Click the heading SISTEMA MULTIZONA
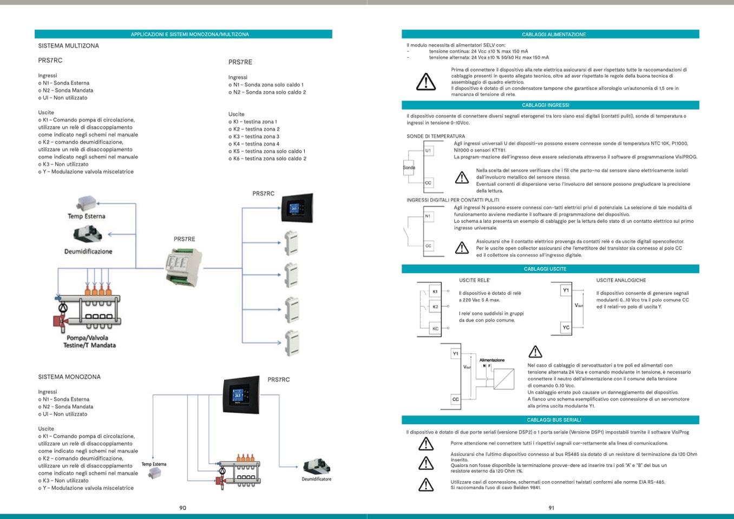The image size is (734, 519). pos(68,46)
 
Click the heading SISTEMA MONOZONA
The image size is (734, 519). pos(69,377)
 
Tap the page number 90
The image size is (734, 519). pos(182,508)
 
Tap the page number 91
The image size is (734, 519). pos(551,508)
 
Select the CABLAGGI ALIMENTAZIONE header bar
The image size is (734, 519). pos(550,34)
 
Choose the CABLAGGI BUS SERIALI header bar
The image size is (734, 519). pos(550,420)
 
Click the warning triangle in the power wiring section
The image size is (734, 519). pos(426,82)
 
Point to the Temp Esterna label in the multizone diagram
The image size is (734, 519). pos(87,216)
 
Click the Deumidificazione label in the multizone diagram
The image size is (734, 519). pos(88,252)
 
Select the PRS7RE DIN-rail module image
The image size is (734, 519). pos(183,266)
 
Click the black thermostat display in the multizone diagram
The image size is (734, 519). pos(296,208)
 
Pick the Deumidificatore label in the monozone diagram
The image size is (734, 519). pos(316,479)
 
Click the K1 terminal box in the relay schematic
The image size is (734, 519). pos(435,292)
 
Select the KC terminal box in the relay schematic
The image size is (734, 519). pos(435,329)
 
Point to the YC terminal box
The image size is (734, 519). pos(566,327)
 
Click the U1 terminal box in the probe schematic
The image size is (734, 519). pos(428,150)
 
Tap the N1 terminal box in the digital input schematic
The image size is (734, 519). pos(428,216)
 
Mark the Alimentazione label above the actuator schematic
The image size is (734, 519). pos(491,360)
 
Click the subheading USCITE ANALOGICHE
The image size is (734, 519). pos(621,280)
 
